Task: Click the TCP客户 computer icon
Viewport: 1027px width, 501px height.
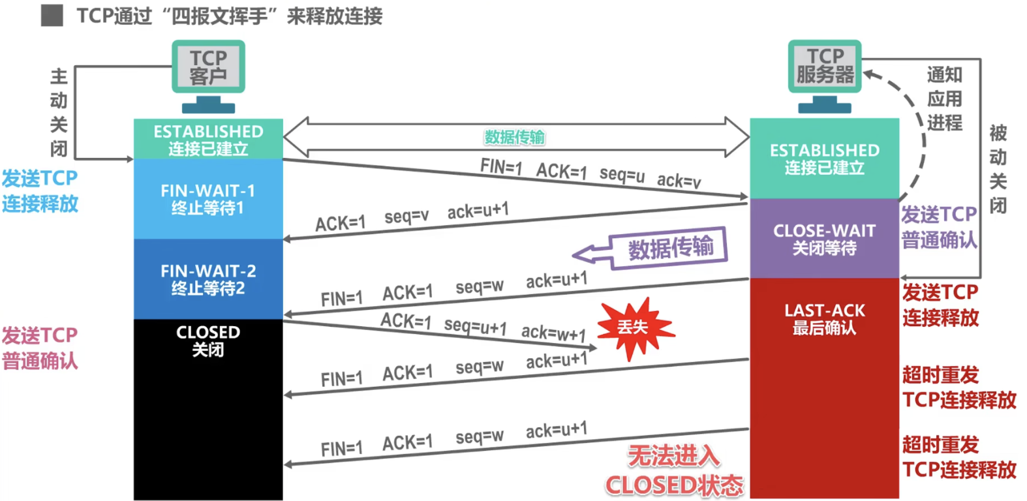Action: click(x=208, y=68)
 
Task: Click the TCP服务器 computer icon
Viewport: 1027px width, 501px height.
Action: click(x=825, y=67)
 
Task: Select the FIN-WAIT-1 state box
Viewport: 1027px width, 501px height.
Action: click(x=208, y=199)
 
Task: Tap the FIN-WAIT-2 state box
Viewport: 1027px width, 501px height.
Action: click(x=208, y=279)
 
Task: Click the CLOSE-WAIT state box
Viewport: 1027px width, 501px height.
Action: click(x=824, y=239)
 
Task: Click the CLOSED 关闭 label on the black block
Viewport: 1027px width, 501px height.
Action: click(x=208, y=341)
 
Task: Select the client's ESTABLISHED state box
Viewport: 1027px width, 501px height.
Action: click(x=208, y=140)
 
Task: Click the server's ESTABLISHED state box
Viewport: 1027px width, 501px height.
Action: click(x=824, y=159)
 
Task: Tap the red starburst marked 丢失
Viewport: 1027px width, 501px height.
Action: click(x=634, y=327)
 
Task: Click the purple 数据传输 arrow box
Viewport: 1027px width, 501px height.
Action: click(x=669, y=248)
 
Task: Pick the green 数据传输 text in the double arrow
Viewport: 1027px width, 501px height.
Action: click(x=514, y=137)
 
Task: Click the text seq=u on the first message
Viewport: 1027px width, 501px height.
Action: click(x=622, y=174)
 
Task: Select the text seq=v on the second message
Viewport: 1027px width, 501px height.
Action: click(x=406, y=217)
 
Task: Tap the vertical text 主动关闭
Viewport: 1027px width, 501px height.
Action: click(x=59, y=113)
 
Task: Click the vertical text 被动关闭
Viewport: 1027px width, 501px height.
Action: click(x=998, y=169)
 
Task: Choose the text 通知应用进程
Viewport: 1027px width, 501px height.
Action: click(x=944, y=99)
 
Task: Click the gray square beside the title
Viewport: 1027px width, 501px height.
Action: click(x=52, y=16)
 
